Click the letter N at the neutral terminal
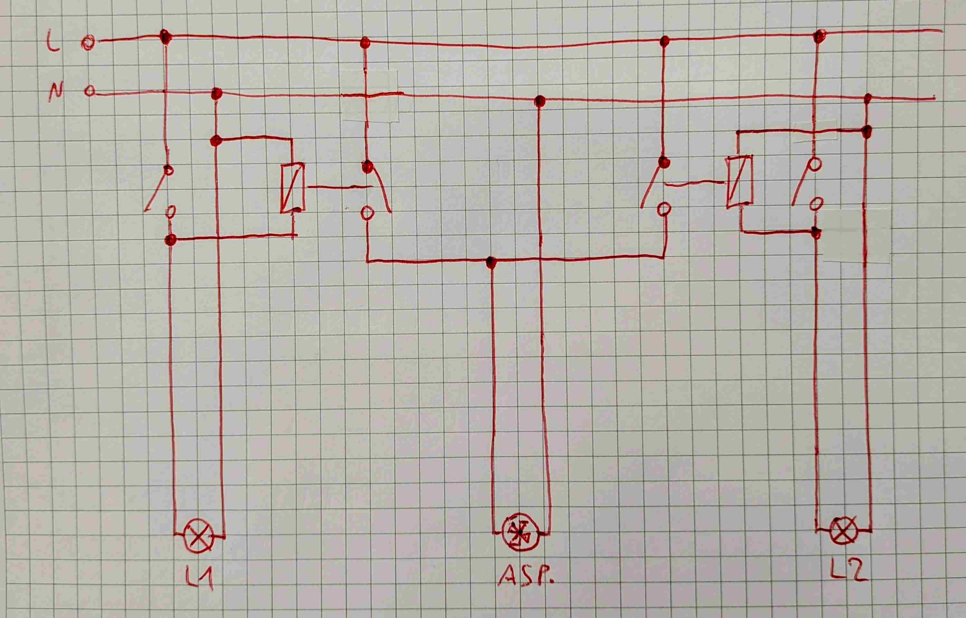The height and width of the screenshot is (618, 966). tap(56, 92)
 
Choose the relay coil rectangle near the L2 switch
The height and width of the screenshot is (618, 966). tap(739, 181)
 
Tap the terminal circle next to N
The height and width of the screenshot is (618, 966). tap(90, 92)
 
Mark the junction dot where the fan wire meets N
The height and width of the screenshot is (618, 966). tap(539, 100)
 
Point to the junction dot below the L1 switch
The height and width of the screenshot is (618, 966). tap(170, 240)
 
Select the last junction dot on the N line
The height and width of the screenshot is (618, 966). tap(868, 98)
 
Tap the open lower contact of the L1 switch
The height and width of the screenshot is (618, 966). tap(171, 211)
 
